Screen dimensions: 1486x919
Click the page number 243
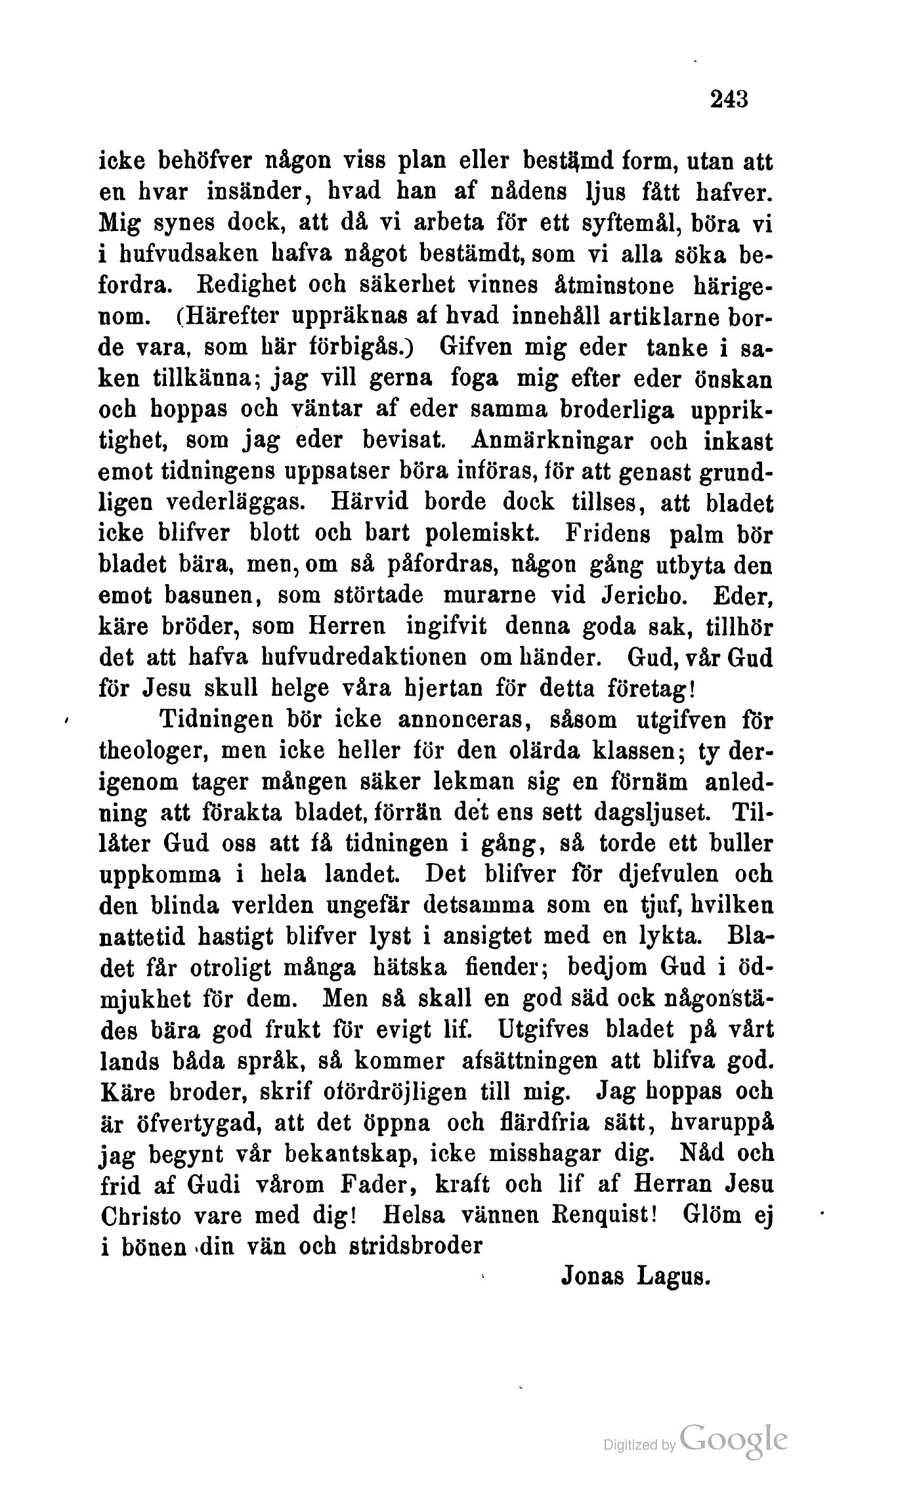pyautogui.click(x=729, y=99)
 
